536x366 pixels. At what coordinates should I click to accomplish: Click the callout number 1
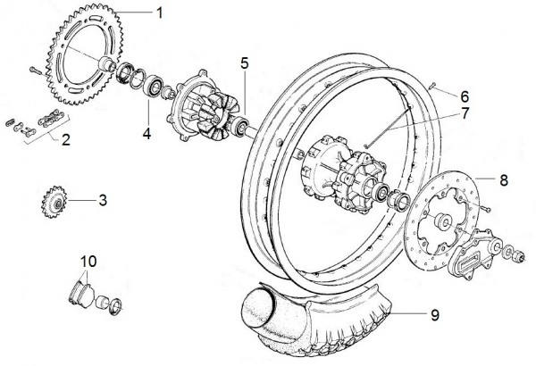[159, 13]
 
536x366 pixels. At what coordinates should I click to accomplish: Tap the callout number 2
[65, 140]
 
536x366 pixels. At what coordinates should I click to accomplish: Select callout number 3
[103, 200]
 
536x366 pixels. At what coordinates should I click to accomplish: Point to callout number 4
[147, 133]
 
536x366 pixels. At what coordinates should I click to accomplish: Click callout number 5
[245, 63]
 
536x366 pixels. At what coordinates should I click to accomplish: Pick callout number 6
[465, 96]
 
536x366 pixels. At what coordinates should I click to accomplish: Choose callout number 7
[465, 113]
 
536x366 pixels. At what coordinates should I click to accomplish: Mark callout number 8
[504, 180]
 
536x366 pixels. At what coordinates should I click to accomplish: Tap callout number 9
[434, 315]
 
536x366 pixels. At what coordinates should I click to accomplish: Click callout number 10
[88, 262]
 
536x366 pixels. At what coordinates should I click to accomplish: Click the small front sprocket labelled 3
[54, 204]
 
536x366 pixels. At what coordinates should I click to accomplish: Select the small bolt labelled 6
[432, 86]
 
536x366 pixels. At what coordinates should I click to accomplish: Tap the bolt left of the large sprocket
[35, 71]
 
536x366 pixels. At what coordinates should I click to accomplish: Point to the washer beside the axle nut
[508, 253]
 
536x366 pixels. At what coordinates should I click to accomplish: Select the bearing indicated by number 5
[239, 127]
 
